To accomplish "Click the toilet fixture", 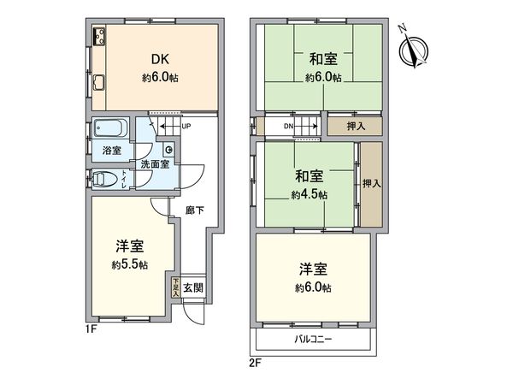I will pyautogui.click(x=104, y=180).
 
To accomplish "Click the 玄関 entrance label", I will pyautogui.click(x=193, y=287).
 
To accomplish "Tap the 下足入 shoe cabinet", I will pyautogui.click(x=174, y=287).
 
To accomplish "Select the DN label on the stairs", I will pyautogui.click(x=289, y=126).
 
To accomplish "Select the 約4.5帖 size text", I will pyautogui.click(x=310, y=195).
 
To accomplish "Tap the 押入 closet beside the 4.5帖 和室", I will pyautogui.click(x=369, y=183).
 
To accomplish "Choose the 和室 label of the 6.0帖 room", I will pyautogui.click(x=322, y=59).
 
